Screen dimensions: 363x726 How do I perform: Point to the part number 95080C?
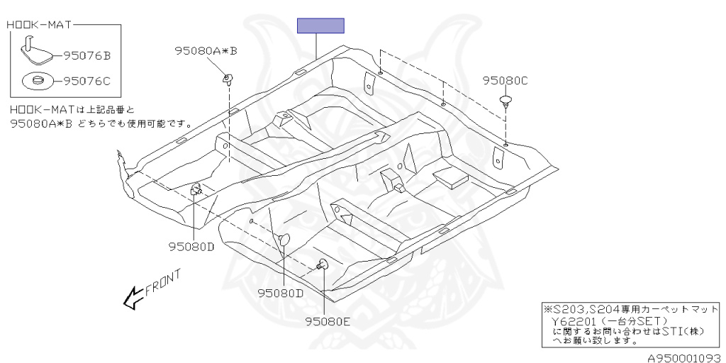tap(506, 81)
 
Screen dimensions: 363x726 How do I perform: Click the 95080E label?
tap(328, 321)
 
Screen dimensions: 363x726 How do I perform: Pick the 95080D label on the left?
tap(191, 247)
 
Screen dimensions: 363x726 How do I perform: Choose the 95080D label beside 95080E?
tap(280, 293)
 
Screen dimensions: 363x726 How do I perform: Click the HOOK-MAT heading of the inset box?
tap(40, 26)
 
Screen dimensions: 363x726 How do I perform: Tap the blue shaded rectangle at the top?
tap(320, 26)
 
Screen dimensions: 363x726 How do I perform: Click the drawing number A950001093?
tap(683, 357)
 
